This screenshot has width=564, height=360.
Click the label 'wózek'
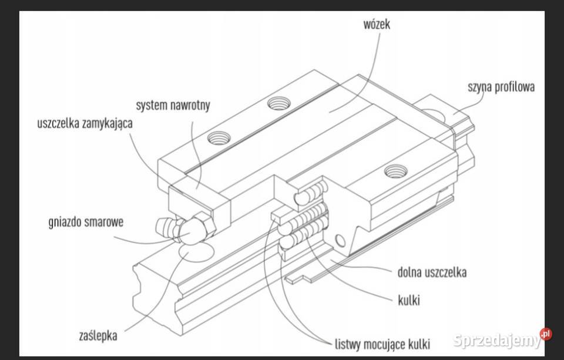[x=377, y=25]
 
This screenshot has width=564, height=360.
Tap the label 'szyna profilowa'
[x=501, y=88]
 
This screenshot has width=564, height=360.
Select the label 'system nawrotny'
[x=173, y=106]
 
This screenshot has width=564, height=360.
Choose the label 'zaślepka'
[x=98, y=336]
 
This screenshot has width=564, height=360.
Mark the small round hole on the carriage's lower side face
[x=339, y=240]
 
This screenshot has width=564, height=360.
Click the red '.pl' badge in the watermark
[x=546, y=334]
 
